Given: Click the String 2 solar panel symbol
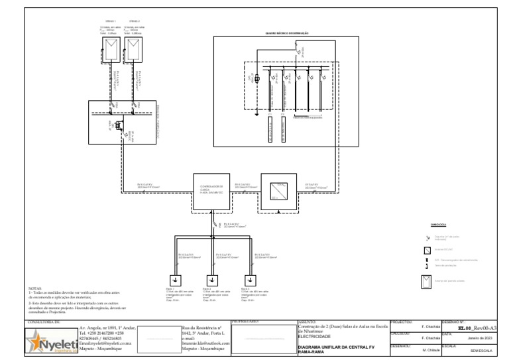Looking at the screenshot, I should tap(135, 47).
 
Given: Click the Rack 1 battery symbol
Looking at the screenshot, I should tap(175, 278).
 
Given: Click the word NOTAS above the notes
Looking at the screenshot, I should tap(36, 289).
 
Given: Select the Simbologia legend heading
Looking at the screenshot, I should tap(438, 224).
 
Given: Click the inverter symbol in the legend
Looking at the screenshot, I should tap(427, 251).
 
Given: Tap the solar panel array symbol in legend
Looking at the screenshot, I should tap(427, 281).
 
